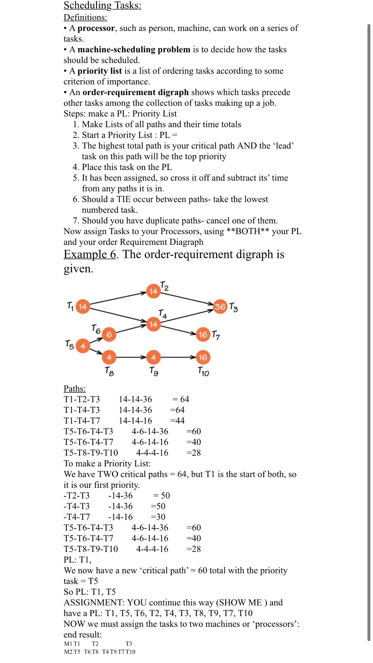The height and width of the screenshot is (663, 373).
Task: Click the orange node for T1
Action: [83, 306]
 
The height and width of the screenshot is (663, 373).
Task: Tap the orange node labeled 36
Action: [220, 306]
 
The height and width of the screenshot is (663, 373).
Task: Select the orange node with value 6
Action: [109, 334]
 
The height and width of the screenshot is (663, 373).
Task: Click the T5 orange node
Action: [83, 346]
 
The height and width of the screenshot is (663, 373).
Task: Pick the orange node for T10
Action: [203, 357]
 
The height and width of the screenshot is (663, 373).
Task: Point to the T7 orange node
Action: [203, 334]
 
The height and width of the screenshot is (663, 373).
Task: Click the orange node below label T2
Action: [153, 291]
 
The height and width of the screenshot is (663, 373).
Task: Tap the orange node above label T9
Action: [153, 357]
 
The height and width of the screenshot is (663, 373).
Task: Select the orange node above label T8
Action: [109, 357]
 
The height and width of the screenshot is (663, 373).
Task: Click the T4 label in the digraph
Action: [163, 314]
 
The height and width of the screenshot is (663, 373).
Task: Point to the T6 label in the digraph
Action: [96, 329]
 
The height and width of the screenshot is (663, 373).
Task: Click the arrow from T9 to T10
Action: [178, 357]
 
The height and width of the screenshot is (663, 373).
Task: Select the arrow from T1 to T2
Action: [118, 298]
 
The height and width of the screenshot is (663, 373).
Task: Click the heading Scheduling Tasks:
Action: [102, 6]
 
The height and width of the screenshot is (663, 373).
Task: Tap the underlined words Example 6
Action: [90, 254]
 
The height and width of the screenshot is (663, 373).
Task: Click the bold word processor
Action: [96, 28]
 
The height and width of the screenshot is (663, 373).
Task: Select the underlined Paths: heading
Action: [75, 388]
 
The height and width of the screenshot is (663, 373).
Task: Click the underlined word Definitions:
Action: [85, 17]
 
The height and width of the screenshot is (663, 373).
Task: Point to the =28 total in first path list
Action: [193, 453]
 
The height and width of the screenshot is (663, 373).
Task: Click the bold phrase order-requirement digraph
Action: [135, 92]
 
